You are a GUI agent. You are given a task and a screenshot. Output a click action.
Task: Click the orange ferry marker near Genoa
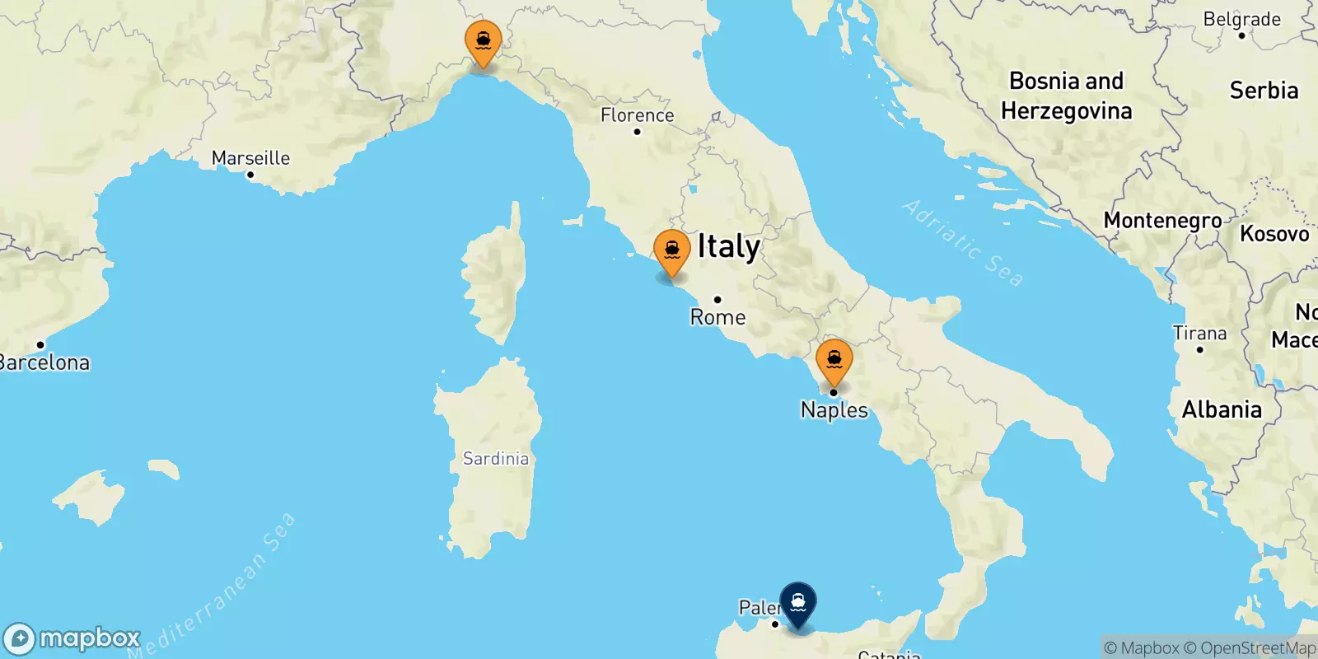click(483, 41)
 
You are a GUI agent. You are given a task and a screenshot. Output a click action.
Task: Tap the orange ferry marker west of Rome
click(671, 250)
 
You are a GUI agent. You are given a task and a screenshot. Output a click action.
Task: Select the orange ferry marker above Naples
click(834, 360)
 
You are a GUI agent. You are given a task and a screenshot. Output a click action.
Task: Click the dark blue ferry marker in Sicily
click(797, 604)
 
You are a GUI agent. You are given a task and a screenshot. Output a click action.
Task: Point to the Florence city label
click(637, 115)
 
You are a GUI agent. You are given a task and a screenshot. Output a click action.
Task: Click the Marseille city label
click(250, 157)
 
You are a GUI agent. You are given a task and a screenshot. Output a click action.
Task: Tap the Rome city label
click(717, 317)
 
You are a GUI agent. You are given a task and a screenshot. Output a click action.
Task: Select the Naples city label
click(834, 409)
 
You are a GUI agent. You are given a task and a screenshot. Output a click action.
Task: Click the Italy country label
click(728, 246)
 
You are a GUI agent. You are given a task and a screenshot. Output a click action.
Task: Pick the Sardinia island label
click(495, 458)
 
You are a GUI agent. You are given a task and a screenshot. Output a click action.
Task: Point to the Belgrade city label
click(1241, 19)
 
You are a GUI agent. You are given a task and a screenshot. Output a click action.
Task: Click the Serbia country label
click(1264, 91)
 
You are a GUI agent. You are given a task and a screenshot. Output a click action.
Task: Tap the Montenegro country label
click(1162, 221)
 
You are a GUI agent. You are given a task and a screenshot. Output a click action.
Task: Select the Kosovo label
click(1274, 234)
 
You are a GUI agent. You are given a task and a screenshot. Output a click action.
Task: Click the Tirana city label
click(1199, 333)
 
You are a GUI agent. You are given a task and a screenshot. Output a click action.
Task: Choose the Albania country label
click(1222, 409)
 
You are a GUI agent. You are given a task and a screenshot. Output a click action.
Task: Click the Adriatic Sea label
click(963, 243)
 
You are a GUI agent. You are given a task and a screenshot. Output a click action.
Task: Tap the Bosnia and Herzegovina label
click(1066, 96)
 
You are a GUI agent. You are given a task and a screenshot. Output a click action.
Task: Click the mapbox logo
click(72, 638)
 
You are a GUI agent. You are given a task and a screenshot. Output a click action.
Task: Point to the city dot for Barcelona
click(40, 344)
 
